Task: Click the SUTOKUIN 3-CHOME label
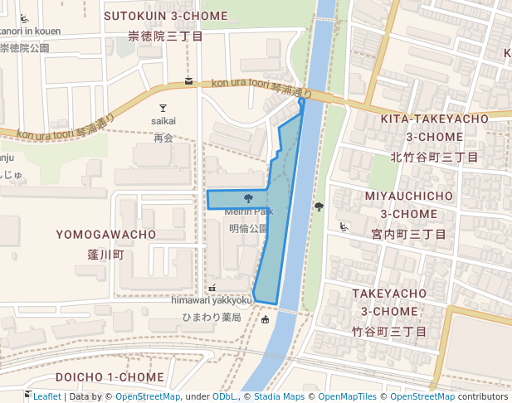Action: tap(166, 16)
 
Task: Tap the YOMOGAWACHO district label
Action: tap(106, 235)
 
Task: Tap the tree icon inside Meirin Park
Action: tap(249, 198)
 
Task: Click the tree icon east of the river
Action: tap(319, 207)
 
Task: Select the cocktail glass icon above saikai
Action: tap(163, 108)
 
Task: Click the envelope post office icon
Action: tap(189, 81)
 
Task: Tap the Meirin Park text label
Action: tap(249, 211)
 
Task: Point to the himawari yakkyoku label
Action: tap(212, 300)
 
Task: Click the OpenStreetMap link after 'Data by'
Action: tap(148, 396)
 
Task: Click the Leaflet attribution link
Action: tap(46, 396)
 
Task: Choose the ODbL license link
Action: tap(224, 396)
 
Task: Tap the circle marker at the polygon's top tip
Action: tap(302, 103)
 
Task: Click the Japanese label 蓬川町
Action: tap(106, 255)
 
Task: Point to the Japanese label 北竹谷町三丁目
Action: tap(434, 157)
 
